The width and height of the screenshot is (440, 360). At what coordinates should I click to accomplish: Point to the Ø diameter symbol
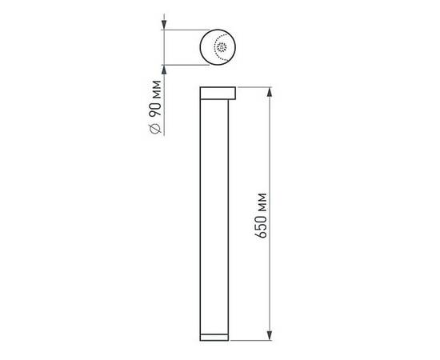coord(157,130)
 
